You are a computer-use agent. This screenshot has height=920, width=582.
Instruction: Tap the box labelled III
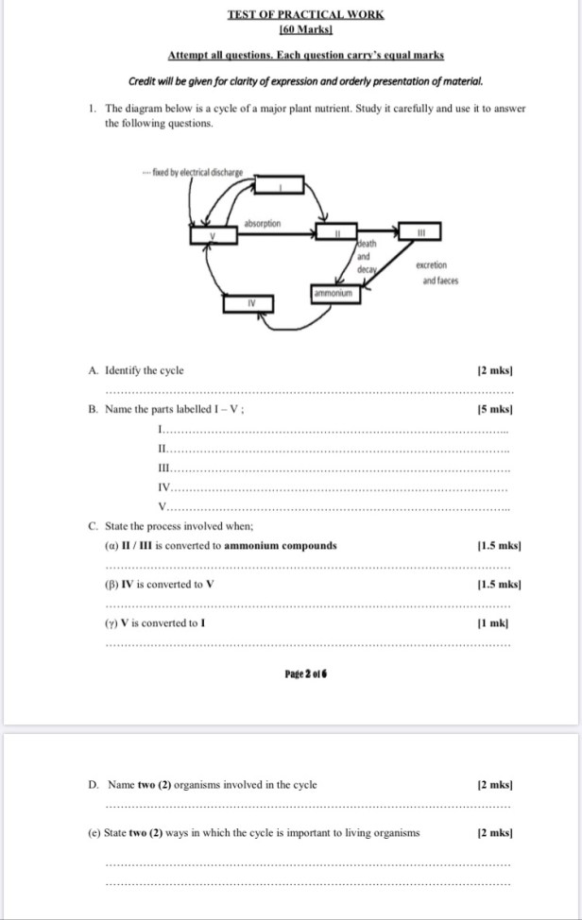pyautogui.click(x=422, y=231)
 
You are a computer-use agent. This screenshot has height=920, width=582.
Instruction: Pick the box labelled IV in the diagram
pyautogui.click(x=250, y=302)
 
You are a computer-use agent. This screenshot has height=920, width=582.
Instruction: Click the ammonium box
pyautogui.click(x=333, y=294)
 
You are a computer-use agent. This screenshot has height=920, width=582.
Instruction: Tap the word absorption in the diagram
pyautogui.click(x=262, y=224)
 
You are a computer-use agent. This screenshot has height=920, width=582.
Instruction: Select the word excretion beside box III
pyautogui.click(x=431, y=265)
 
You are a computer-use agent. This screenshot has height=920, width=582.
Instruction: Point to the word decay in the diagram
pyautogui.click(x=367, y=269)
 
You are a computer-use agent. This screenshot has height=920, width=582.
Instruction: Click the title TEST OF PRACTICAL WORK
pyautogui.click(x=305, y=14)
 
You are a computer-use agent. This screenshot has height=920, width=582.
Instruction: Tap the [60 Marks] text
pyautogui.click(x=305, y=30)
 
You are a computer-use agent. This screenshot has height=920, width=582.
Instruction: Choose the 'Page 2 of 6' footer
pyautogui.click(x=305, y=673)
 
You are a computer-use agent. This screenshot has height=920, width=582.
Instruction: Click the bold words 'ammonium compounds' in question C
pyautogui.click(x=281, y=545)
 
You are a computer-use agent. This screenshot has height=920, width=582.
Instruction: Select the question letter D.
pyautogui.click(x=93, y=784)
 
